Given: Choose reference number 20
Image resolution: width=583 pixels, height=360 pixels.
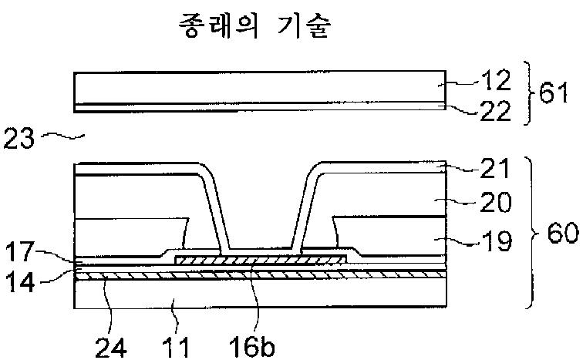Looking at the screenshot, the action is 492,204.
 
